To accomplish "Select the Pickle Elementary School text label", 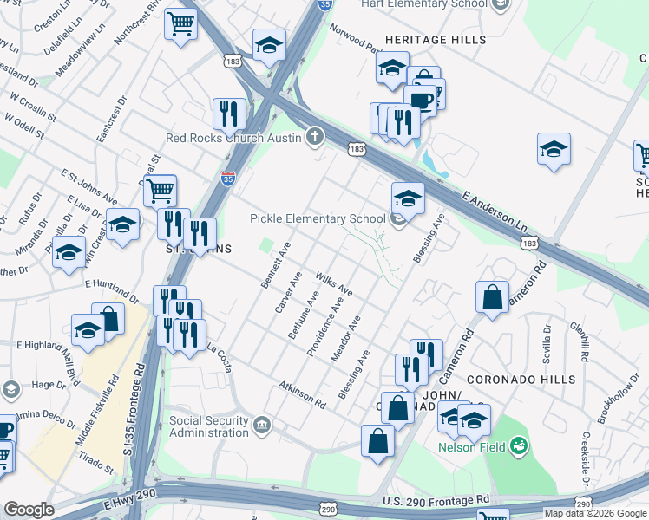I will pos(317,219).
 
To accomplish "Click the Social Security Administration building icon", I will pos(263,424).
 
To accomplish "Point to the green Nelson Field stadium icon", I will pos(519,446).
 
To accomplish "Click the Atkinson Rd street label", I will pos(302,393).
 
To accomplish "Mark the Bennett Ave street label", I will pos(275,265).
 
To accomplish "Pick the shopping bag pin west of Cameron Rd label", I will pos(492,296).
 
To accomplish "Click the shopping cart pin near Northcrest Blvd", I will pos(180,24).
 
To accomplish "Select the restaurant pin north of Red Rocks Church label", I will pos(229,114).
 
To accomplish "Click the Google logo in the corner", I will pos(28,510).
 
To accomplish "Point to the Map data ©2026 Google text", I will pos(596,513).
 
